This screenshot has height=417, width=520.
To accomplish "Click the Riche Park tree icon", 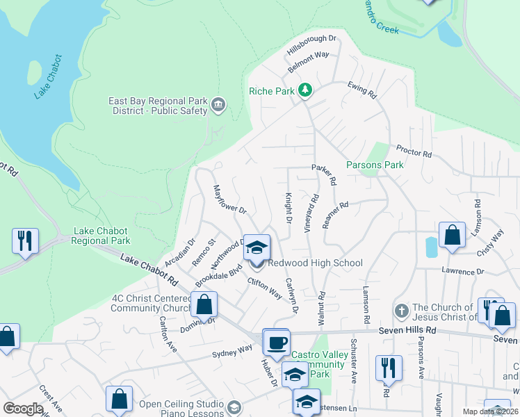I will [x=304, y=90].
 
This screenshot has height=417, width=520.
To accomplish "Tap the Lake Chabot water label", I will [x=47, y=76].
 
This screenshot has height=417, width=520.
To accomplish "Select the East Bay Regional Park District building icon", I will [x=218, y=106].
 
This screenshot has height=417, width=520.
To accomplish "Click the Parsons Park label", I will [x=375, y=165].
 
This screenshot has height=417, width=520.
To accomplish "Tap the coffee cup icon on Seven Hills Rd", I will [x=276, y=341].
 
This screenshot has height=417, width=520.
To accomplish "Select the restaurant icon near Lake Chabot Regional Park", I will [x=25, y=240].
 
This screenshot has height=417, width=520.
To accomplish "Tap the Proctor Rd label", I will [x=414, y=150].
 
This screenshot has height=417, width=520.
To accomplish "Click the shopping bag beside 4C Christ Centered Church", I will [x=204, y=304].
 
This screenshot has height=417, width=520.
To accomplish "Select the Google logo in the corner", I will [x=23, y=409].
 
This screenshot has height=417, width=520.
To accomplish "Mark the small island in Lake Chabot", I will [x=33, y=72].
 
